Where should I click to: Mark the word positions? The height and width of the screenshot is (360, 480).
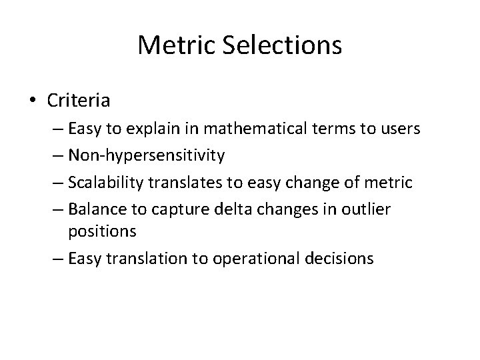coord(101,231)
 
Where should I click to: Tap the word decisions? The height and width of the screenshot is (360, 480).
coord(341,257)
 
